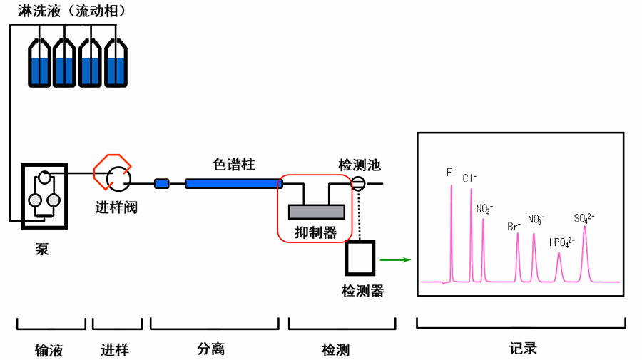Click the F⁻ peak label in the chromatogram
pyautogui.click(x=451, y=173)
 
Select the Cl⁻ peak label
pyautogui.click(x=469, y=179)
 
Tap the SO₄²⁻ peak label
pyautogui.click(x=584, y=219)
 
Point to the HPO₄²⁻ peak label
pyautogui.click(x=561, y=242)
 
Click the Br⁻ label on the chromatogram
pyautogui.click(x=514, y=227)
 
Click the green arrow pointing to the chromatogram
pyautogui.click(x=395, y=259)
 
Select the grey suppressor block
pyautogui.click(x=316, y=211)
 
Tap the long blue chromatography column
pyautogui.click(x=233, y=184)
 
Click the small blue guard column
pyautogui.click(x=162, y=184)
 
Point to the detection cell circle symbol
pyautogui.click(x=358, y=184)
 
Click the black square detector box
pyautogui.click(x=360, y=258)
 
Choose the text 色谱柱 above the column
pyautogui.click(x=234, y=165)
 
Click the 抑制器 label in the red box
pyautogui.click(x=316, y=232)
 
